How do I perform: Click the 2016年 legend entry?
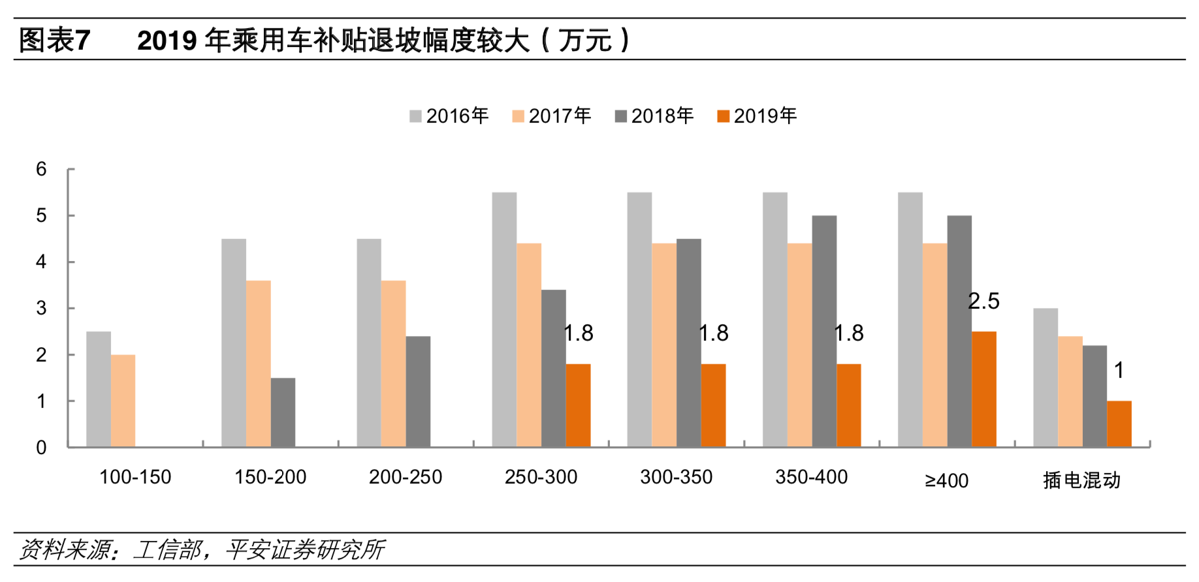(449, 116)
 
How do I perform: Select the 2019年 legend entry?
(757, 116)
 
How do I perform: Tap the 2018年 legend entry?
(654, 116)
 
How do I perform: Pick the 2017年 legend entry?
(552, 116)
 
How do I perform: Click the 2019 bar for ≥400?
(983, 389)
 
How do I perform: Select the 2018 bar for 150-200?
(283, 412)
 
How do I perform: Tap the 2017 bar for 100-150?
(123, 401)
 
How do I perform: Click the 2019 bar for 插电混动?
(1119, 424)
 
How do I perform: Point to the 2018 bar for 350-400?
(824, 331)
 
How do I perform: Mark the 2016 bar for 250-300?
(504, 320)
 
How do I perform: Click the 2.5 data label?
(983, 301)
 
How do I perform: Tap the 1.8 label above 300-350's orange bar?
(714, 333)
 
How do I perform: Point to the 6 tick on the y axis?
(41, 169)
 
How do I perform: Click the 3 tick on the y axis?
(41, 308)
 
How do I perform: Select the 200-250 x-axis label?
(406, 478)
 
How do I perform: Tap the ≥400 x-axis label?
(946, 481)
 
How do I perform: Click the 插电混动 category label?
(1081, 481)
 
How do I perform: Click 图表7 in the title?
(54, 40)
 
